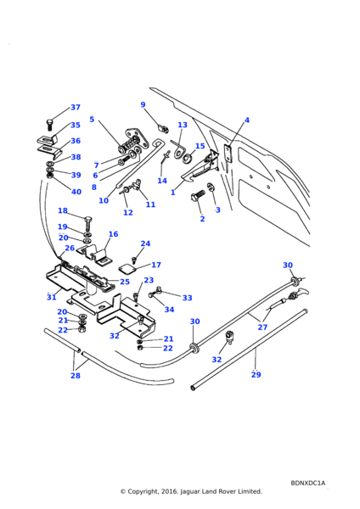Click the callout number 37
click(76, 107)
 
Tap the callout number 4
click(247, 120)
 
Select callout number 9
click(143, 104)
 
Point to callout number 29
click(256, 374)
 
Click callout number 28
click(76, 375)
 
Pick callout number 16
click(114, 234)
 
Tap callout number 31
click(51, 297)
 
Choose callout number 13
click(183, 125)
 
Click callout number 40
click(76, 192)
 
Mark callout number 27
click(262, 327)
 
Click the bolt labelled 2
click(198, 197)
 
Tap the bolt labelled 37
click(49, 125)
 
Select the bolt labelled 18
click(88, 224)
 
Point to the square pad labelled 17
click(126, 269)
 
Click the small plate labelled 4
click(228, 154)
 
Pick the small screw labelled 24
click(134, 260)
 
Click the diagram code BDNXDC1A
click(307, 483)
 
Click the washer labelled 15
click(187, 159)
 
